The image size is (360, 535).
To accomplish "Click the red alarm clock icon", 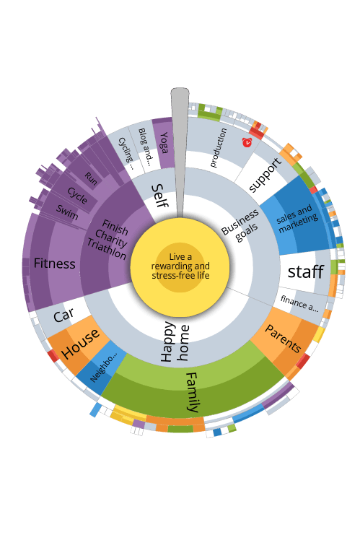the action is pos(247,142).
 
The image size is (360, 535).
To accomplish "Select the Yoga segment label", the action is pos(164,143).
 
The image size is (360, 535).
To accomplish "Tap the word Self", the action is pos(159,196).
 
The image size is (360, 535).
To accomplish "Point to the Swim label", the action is pos(67,212).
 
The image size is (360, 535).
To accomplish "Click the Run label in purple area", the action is pos(91,179).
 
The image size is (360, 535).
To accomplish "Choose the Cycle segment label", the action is pos(77,196).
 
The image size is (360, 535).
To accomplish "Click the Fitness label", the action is pos(55,264).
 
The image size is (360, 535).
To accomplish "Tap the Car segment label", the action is pos(63,315).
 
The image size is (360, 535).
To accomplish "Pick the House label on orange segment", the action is pos(81,344).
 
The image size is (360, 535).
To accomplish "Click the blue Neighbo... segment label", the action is pos(103,367).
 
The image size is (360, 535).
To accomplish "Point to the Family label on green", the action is pos(193,392).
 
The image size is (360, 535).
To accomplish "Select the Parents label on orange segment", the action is pos(283,339).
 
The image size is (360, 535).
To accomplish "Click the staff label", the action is pos(305,271).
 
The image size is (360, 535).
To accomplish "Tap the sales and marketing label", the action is pos(297,219).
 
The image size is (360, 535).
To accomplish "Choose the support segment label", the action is pos(265,175).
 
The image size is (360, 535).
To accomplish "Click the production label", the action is pos(218,148).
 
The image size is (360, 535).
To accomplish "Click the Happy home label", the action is pos(175,342).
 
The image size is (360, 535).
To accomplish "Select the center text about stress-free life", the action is pos(180,266).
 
